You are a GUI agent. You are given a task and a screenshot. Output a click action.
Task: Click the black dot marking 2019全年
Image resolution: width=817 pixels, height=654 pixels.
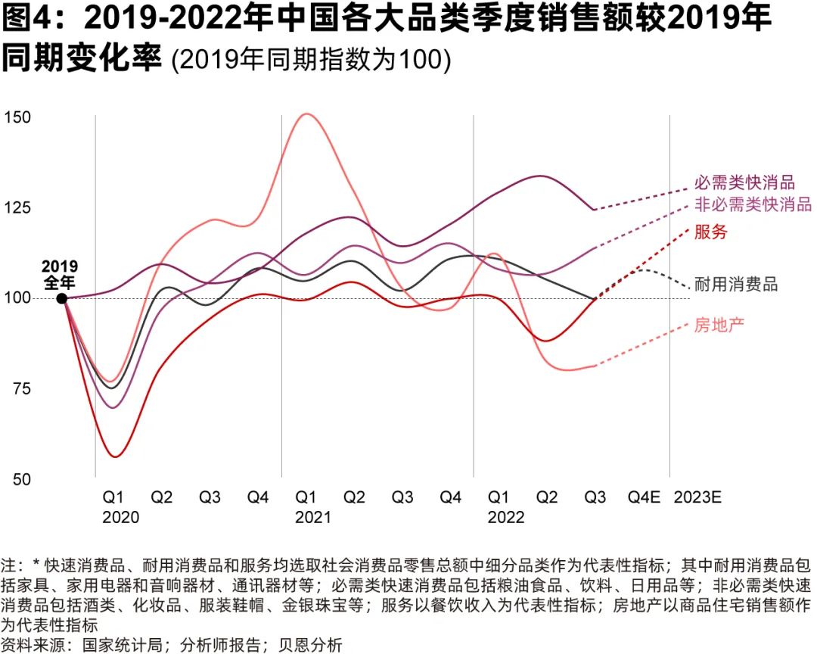coord(62,298)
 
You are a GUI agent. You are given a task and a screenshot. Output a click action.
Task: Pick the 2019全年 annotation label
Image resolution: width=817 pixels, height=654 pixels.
coord(59,275)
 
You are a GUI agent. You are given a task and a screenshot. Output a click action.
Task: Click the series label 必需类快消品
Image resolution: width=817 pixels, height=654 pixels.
coord(744,182)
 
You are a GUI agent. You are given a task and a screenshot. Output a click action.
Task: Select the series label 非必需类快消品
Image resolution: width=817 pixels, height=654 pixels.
coord(753,205)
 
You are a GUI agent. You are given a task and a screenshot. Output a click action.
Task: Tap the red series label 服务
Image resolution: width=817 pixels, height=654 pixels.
coord(710,232)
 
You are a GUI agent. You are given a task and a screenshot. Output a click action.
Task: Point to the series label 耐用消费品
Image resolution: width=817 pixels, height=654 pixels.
coord(736,285)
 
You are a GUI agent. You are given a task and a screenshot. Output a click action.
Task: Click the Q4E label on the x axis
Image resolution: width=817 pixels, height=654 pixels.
coord(645,497)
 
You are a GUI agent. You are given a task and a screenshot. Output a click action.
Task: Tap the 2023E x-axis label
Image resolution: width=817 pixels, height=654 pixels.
coord(697,497)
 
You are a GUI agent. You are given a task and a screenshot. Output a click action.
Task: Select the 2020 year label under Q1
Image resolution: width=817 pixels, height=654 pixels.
coord(120,517)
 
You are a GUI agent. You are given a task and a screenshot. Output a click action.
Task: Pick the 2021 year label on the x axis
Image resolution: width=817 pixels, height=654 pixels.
coord(313,517)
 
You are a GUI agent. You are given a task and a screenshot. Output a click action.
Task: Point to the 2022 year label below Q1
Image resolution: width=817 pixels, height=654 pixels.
coord(505,517)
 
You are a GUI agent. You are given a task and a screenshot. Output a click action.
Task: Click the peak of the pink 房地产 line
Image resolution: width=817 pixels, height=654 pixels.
coord(306,114)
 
